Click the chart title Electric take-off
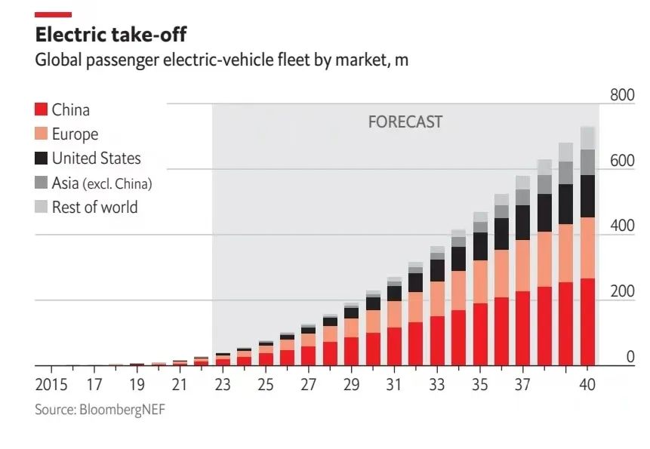click(110, 35)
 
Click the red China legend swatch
click(42, 110)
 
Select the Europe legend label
click(75, 134)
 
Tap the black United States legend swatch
click(42, 158)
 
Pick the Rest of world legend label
click(94, 207)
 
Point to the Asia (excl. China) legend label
click(102, 183)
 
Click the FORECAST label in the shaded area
click(405, 121)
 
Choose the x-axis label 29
click(351, 385)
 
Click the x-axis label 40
click(587, 385)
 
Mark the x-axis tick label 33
click(437, 385)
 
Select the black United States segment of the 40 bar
click(587, 196)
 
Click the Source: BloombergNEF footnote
click(100, 410)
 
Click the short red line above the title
click(54, 14)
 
